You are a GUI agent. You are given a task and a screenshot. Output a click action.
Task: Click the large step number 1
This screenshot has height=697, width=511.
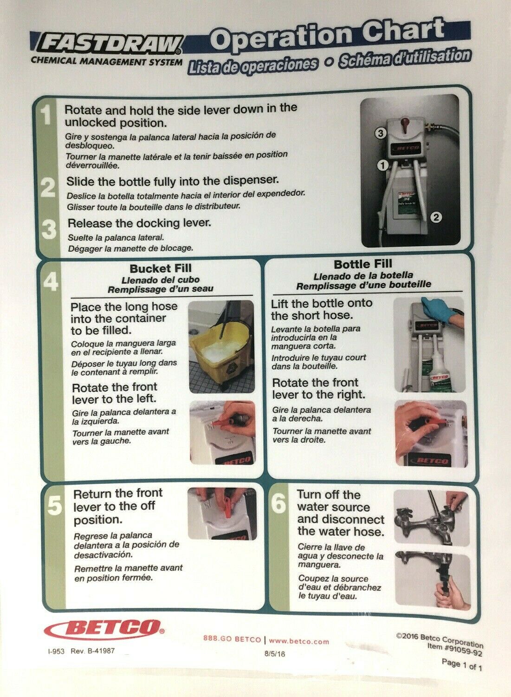[x=47, y=115]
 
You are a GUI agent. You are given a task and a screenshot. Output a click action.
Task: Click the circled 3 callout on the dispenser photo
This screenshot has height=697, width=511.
[x=380, y=133]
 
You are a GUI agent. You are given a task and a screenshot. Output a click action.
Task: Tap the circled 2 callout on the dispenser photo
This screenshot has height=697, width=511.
[x=436, y=217]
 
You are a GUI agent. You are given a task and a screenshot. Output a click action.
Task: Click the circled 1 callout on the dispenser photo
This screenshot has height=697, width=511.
[x=383, y=165]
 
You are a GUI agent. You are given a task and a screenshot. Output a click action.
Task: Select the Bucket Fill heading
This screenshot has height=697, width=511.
[x=161, y=268]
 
